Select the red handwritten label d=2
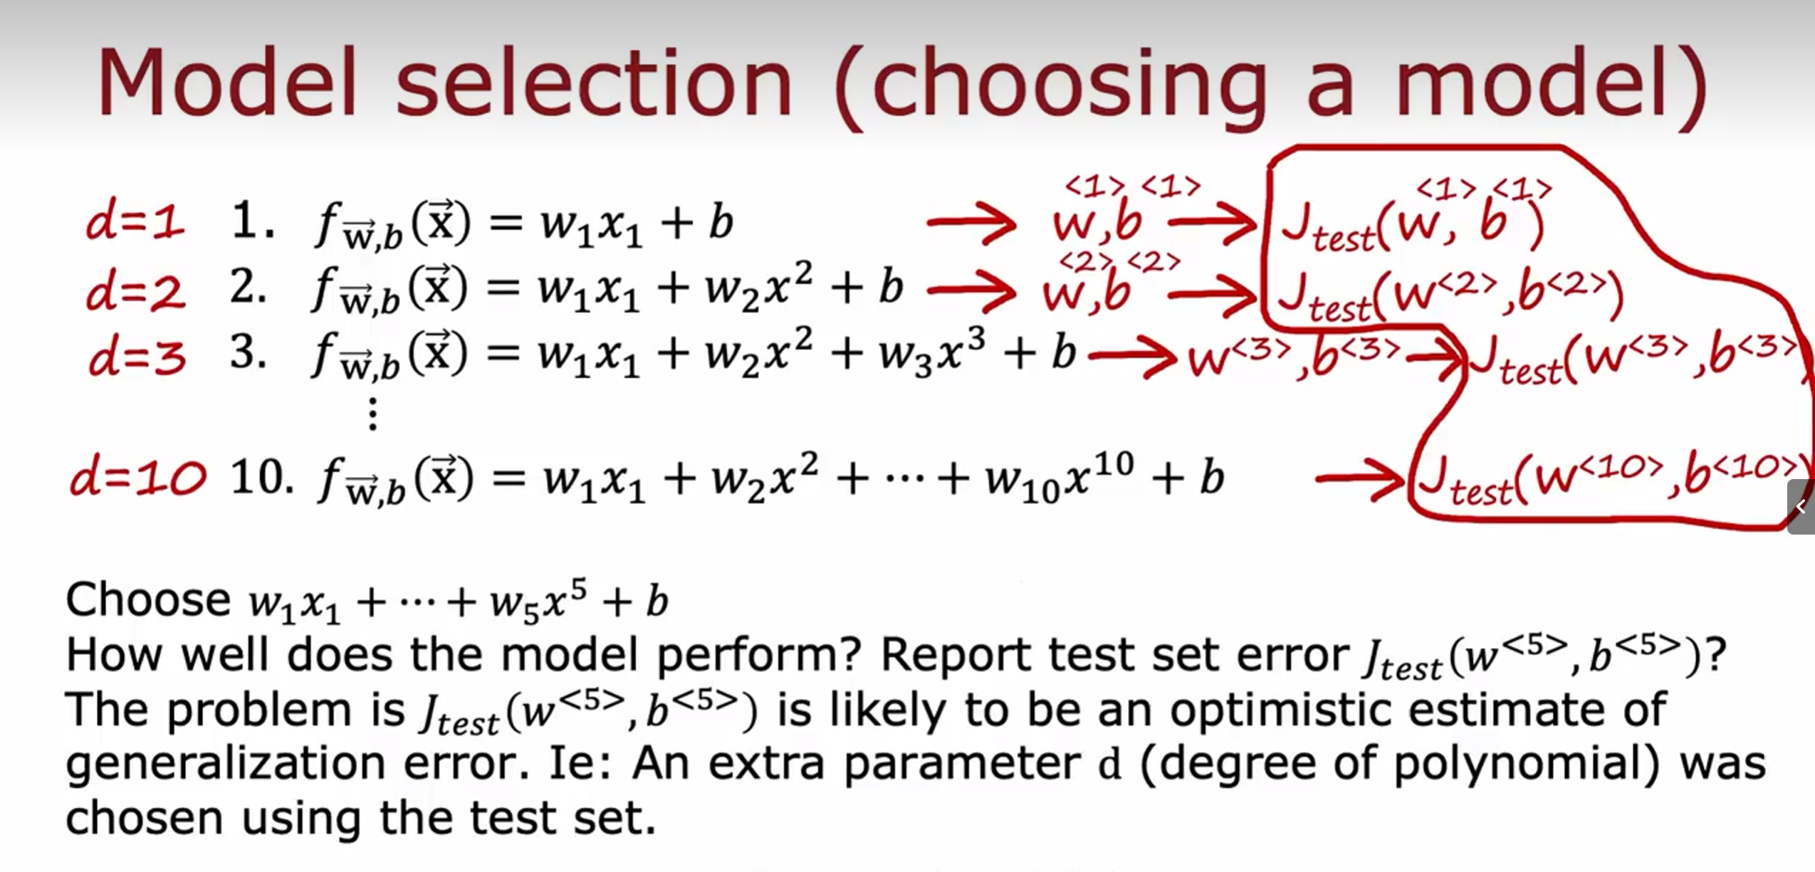(x=135, y=292)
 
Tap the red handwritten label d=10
(x=138, y=477)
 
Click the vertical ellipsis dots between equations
(x=372, y=414)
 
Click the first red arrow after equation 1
(x=972, y=223)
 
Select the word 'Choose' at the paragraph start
(x=148, y=599)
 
